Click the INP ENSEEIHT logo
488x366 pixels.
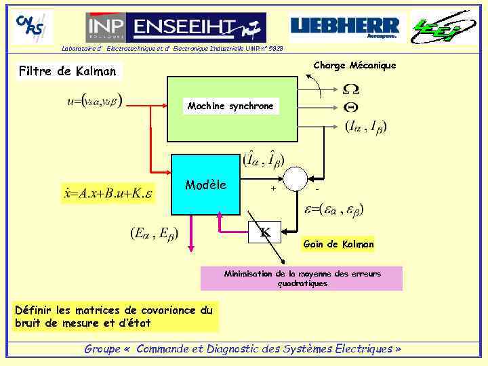click(x=176, y=28)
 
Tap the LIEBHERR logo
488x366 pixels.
click(x=346, y=28)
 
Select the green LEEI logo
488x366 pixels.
click(x=443, y=27)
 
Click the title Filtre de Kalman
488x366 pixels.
click(x=68, y=70)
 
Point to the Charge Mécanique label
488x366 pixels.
click(x=354, y=66)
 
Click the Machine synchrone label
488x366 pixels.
click(x=230, y=106)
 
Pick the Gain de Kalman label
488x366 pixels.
click(x=339, y=244)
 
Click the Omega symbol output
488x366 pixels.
click(x=351, y=89)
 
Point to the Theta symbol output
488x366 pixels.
click(x=351, y=106)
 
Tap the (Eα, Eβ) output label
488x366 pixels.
click(x=154, y=234)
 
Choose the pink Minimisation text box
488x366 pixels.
click(x=302, y=279)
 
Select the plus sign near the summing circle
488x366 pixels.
click(x=273, y=189)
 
